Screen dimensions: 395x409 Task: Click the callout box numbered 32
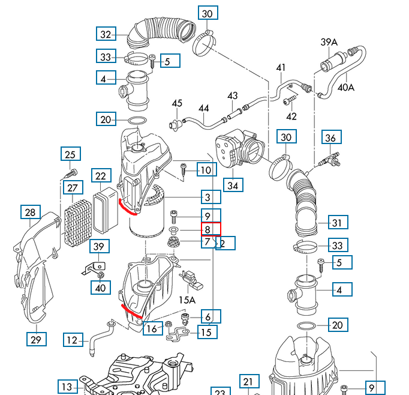pos(106,34)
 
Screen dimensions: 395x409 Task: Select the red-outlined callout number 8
pos(207,229)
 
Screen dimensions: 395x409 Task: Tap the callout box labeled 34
pos(233,185)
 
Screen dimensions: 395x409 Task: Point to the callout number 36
pos(330,138)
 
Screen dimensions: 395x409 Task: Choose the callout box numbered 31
pos(337,223)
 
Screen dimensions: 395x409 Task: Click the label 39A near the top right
pos(329,42)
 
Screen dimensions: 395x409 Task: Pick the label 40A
pos(346,87)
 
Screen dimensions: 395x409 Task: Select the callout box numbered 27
pos(73,188)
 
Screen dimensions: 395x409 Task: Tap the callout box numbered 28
pos(30,213)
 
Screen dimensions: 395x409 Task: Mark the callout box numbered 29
pos(36,340)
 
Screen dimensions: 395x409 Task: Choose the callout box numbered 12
pos(73,340)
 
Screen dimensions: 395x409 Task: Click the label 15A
pos(187,300)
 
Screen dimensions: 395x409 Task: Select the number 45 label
pos(177,104)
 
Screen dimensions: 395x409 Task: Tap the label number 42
pos(291,116)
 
